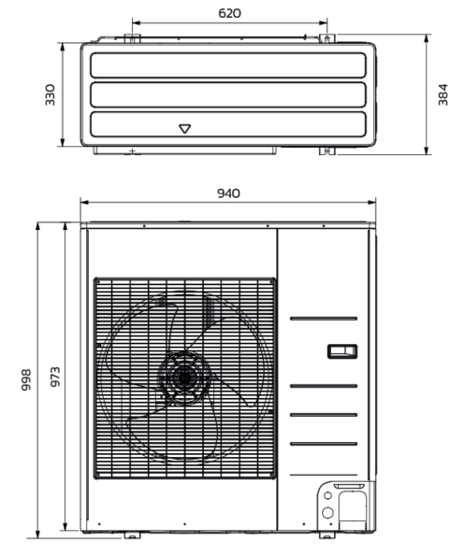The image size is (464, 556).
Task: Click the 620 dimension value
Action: click(x=230, y=13)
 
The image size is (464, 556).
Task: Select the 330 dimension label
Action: click(x=51, y=94)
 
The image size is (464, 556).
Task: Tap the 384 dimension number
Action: click(x=442, y=94)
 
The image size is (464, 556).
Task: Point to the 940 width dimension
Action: click(x=228, y=193)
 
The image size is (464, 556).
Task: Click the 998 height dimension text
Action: click(x=26, y=379)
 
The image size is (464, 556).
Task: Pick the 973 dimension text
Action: click(x=54, y=377)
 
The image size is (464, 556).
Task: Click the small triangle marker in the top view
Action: click(x=184, y=129)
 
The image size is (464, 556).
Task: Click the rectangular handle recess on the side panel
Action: click(x=342, y=351)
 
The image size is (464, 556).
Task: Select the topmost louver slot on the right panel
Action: click(x=324, y=319)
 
